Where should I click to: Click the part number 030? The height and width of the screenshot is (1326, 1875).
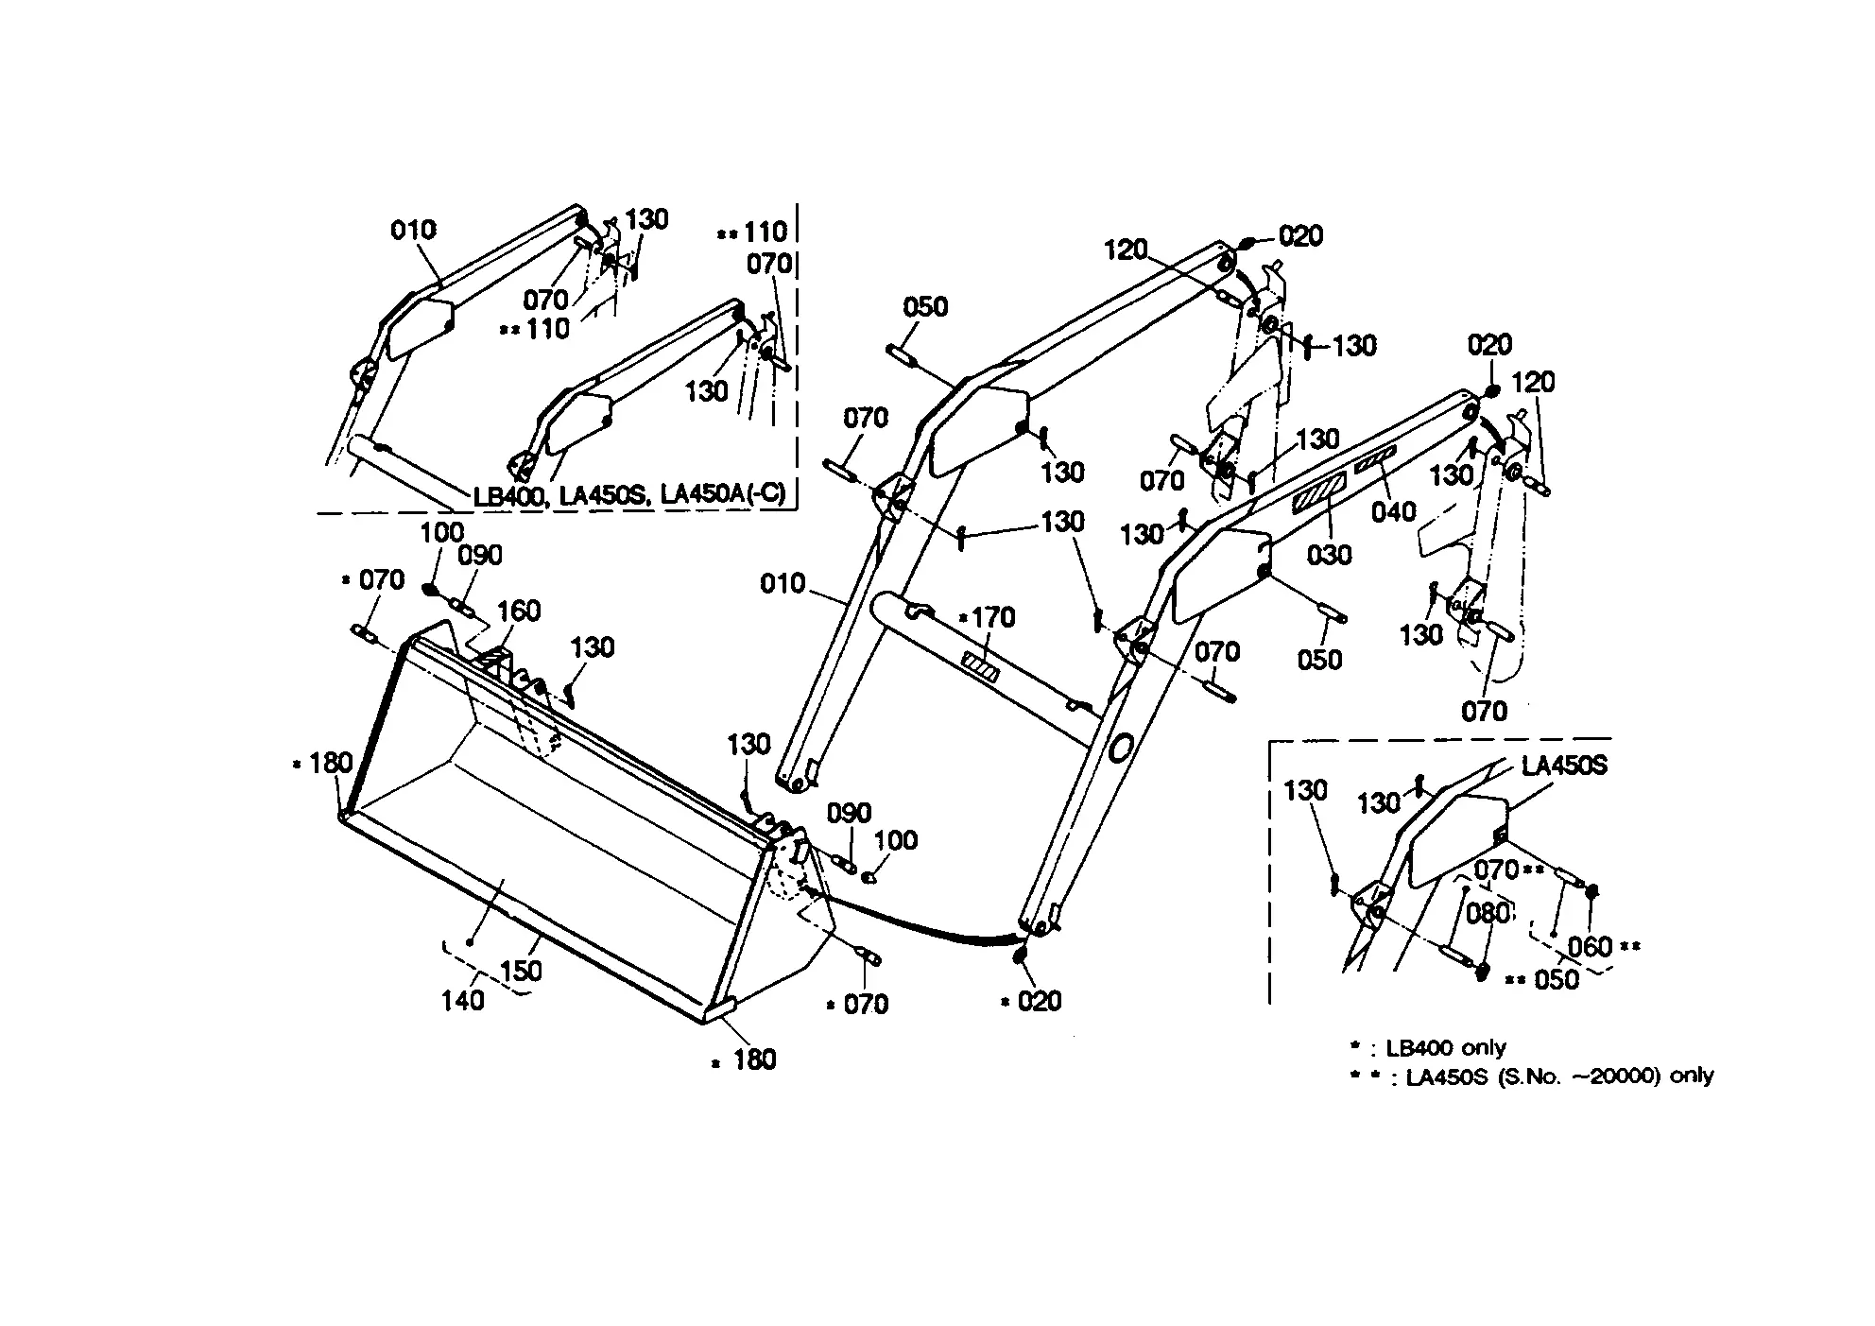(x=1329, y=555)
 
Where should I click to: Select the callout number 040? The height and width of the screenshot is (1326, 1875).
(x=1394, y=511)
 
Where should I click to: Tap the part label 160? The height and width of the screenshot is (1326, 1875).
(x=519, y=611)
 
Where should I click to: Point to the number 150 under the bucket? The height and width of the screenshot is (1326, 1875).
(x=521, y=971)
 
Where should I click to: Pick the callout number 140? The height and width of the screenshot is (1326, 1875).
(x=463, y=999)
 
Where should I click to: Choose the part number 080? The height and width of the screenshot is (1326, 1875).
(x=1488, y=914)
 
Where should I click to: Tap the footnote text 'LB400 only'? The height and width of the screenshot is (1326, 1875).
(x=1445, y=1047)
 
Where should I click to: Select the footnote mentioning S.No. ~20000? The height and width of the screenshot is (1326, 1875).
(x=1558, y=1076)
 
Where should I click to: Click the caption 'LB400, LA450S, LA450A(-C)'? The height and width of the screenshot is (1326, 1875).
(x=629, y=494)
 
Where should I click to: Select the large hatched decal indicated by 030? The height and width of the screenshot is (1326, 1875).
(x=1319, y=494)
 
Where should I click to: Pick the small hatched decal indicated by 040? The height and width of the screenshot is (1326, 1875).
(x=1375, y=462)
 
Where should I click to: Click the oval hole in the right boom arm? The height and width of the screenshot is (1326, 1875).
(x=1119, y=749)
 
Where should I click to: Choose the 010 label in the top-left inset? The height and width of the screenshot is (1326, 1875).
(x=414, y=230)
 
